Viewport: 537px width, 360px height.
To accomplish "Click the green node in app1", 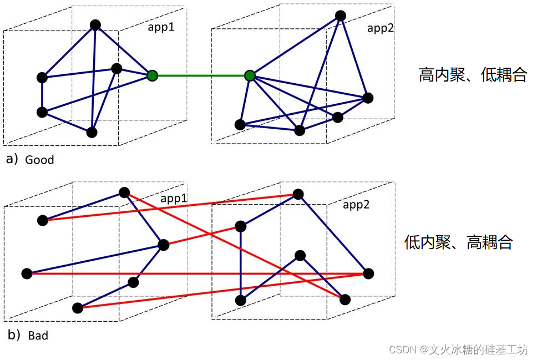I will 152,75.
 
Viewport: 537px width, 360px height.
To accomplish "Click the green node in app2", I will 250,75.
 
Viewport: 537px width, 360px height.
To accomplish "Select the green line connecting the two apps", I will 201,75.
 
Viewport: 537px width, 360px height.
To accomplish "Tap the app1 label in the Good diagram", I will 161,27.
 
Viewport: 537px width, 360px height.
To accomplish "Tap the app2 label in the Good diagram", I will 381,28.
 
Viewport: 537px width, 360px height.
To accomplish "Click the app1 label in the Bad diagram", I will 174,198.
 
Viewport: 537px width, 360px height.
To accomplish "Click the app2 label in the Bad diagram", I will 356,205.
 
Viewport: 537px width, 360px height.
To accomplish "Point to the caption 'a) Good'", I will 30,160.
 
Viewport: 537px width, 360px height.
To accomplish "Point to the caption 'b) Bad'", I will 27,335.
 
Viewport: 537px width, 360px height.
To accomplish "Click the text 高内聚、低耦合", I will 472,75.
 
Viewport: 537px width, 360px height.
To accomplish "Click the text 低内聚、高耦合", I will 458,242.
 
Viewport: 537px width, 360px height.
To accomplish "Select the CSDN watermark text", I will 458,349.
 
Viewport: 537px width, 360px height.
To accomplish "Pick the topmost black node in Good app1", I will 95,25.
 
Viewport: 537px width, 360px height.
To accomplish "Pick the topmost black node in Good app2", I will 341,16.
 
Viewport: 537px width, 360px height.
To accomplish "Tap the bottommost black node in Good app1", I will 92,133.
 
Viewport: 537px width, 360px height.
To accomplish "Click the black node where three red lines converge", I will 368,273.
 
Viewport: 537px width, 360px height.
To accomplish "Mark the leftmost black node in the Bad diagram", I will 27,273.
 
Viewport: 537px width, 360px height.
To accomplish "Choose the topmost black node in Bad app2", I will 298,194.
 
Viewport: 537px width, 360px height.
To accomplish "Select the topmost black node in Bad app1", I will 124,192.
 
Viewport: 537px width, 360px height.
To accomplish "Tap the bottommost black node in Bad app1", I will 78,308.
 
